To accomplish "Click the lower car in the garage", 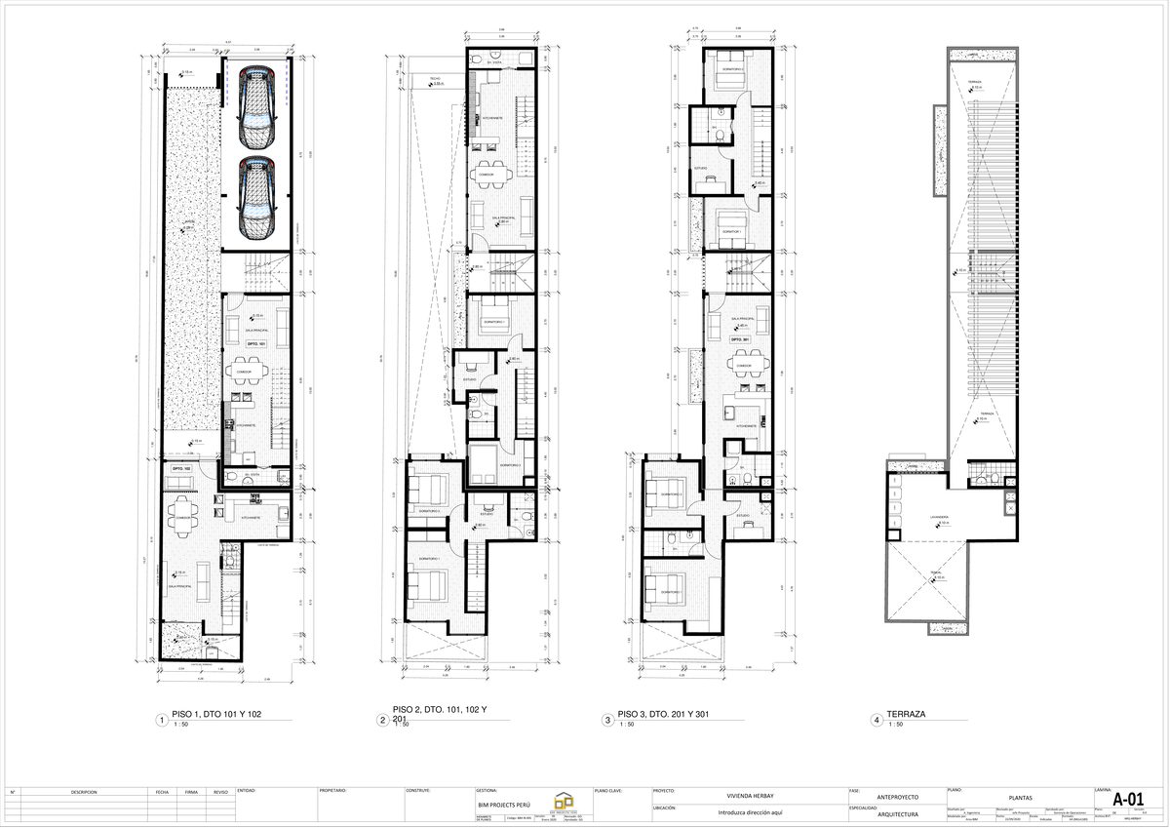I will pyautogui.click(x=255, y=198).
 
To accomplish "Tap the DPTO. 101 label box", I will pyautogui.click(x=255, y=344).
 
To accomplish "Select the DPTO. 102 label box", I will pyautogui.click(x=180, y=469).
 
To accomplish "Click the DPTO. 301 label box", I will pyautogui.click(x=739, y=339).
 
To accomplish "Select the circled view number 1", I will pyautogui.click(x=160, y=721).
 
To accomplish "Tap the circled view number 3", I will pyautogui.click(x=607, y=721).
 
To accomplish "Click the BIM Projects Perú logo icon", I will pyautogui.click(x=565, y=797).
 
